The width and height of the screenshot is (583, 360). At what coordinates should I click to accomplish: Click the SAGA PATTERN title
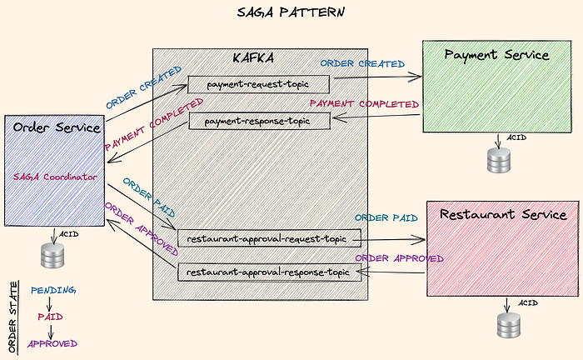[x=291, y=14]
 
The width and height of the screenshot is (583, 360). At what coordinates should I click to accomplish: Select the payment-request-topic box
[x=258, y=84]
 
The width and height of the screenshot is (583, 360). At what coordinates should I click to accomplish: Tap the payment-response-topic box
[x=261, y=122]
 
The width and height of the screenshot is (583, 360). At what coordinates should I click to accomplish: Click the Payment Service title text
[x=496, y=55]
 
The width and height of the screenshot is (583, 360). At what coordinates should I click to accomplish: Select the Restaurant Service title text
[x=502, y=214]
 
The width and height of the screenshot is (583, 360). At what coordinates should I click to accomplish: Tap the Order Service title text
[x=57, y=127]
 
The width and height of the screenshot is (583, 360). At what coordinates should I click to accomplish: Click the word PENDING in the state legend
[x=53, y=290]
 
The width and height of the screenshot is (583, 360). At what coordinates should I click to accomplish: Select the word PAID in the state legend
[x=51, y=317]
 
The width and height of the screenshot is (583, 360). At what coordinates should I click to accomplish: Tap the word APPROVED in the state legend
[x=52, y=343]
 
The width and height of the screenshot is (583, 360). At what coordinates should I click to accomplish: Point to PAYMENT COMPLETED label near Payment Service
[x=364, y=104]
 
